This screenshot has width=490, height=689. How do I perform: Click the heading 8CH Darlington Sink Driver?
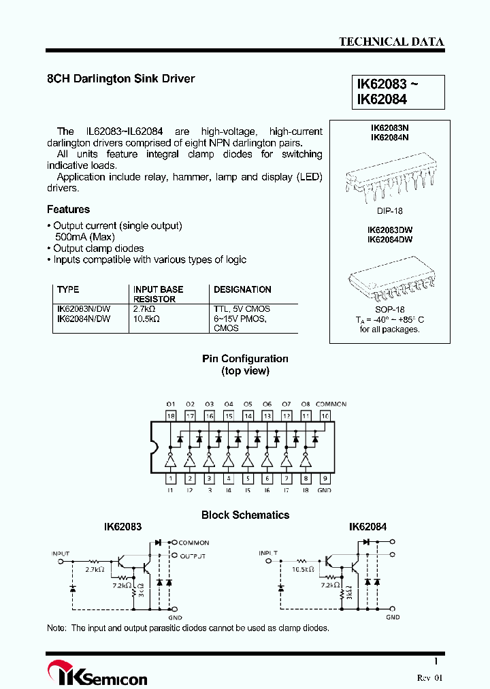point(120,79)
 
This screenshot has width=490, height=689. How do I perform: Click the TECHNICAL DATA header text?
point(391,42)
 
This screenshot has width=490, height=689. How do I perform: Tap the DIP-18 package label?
point(390,211)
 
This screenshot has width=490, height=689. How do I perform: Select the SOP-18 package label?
point(390,309)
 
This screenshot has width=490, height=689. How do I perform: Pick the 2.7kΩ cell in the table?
point(145,309)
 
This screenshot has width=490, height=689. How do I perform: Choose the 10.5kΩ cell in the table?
point(146,319)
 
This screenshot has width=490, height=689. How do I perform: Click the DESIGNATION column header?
point(242,289)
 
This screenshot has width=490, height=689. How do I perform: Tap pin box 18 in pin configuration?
point(170,415)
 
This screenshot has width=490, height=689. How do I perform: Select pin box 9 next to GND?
point(325,479)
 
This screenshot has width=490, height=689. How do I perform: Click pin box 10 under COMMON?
point(325,415)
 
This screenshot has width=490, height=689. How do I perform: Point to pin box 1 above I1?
point(170,479)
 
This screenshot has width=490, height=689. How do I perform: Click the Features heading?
point(68,210)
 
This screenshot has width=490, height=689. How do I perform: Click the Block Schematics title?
point(245,515)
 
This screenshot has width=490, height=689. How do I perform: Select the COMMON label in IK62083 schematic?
point(194,543)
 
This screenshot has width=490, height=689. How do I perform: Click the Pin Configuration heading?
point(245,359)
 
